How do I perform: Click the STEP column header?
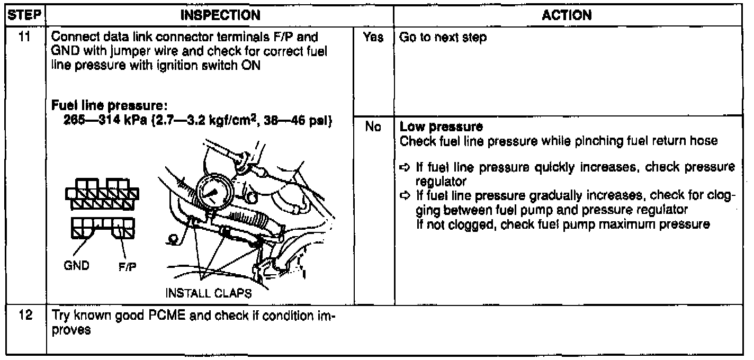coord(23,16)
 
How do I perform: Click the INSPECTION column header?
coord(220,16)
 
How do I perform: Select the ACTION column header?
coord(567,16)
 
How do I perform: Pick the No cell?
coord(374,128)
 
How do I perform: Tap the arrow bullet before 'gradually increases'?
coord(404,195)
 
